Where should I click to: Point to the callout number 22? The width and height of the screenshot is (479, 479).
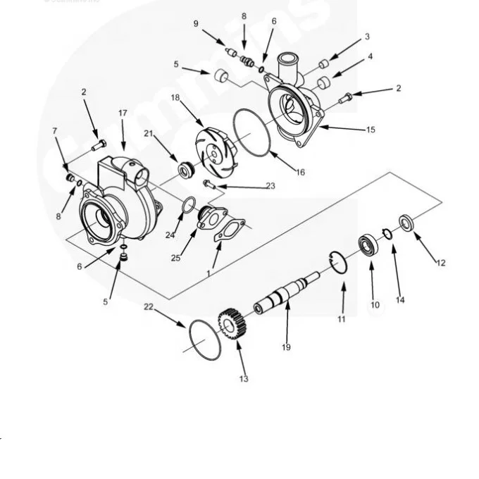click(x=148, y=306)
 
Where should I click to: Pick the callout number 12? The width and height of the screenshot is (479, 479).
click(x=441, y=263)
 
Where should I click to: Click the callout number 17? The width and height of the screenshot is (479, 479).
click(x=123, y=113)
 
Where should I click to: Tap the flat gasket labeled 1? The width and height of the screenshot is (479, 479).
click(x=228, y=232)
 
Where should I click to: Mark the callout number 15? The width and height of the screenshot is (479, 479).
click(x=371, y=130)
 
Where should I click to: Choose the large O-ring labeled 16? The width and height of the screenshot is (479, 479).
click(x=252, y=132)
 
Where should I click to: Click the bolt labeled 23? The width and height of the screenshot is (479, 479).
click(x=209, y=184)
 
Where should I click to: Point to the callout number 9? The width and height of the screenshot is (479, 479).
click(x=197, y=23)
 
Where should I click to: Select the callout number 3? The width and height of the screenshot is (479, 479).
click(x=367, y=36)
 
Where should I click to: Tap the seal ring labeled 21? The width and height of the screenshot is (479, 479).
click(x=187, y=169)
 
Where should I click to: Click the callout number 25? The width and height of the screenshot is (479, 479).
click(x=175, y=258)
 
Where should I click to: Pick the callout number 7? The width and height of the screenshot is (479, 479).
click(x=54, y=131)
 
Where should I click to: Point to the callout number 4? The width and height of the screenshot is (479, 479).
click(x=370, y=56)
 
